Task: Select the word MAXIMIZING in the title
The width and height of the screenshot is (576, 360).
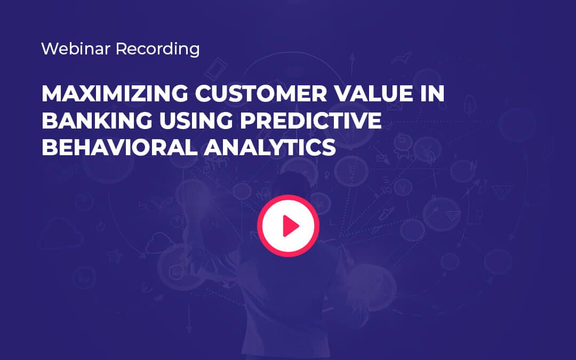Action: (x=113, y=94)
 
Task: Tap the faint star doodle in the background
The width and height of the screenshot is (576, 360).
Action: (x=113, y=257)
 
